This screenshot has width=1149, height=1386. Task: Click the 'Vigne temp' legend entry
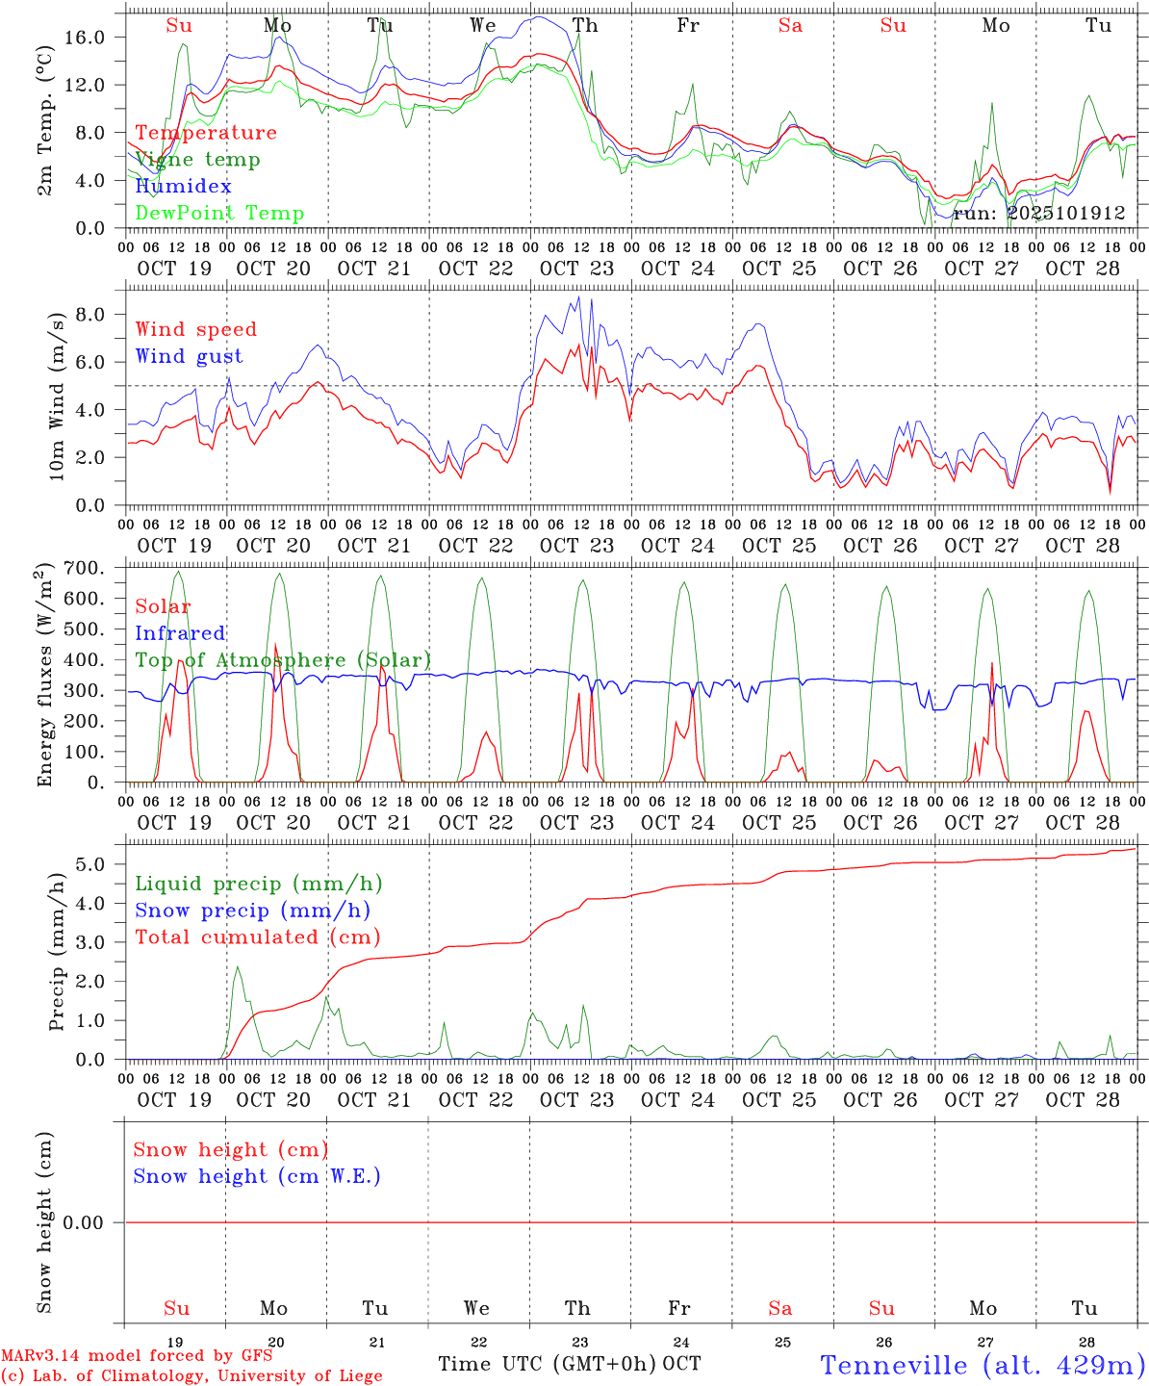(197, 160)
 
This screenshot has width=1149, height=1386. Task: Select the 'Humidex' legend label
(183, 187)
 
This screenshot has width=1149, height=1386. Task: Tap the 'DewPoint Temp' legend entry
(219, 214)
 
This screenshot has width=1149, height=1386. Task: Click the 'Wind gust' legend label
(189, 356)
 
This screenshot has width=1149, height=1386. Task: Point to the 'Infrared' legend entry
(180, 633)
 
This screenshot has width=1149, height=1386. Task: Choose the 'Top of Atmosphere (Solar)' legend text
(283, 660)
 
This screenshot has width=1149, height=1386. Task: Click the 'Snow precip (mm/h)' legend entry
(252, 911)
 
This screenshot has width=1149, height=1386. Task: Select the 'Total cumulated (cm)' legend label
(258, 937)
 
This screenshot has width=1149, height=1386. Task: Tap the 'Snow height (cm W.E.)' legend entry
(257, 1176)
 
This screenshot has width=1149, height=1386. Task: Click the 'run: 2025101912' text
(1039, 214)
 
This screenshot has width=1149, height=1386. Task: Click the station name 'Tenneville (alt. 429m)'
(983, 1365)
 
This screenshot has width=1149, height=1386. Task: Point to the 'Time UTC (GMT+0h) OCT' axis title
(570, 1364)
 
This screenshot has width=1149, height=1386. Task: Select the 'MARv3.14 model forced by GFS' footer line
(137, 1356)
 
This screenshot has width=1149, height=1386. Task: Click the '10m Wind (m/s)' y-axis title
(57, 396)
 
